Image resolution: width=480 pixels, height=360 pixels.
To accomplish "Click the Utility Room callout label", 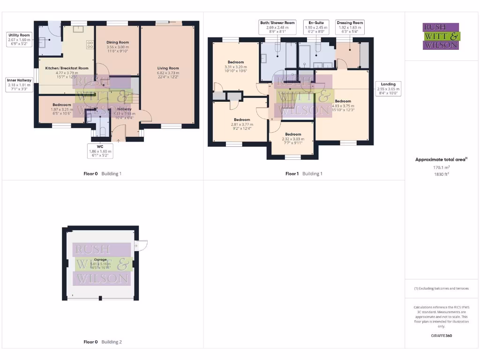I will (x=19, y=40).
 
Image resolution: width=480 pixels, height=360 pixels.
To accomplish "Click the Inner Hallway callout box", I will (x=19, y=85).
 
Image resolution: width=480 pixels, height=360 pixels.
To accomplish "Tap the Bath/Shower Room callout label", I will (x=277, y=27).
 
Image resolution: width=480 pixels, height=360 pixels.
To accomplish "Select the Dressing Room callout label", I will (x=350, y=27).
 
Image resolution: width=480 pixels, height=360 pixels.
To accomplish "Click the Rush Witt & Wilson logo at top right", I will (x=441, y=37).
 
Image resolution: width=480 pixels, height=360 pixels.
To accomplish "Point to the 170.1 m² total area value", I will (x=441, y=167).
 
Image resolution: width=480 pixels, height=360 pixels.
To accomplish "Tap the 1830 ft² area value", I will (x=441, y=173).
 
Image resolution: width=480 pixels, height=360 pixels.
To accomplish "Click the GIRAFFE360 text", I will (x=441, y=336).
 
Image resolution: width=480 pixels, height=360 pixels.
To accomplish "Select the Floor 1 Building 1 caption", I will (x=304, y=174).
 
